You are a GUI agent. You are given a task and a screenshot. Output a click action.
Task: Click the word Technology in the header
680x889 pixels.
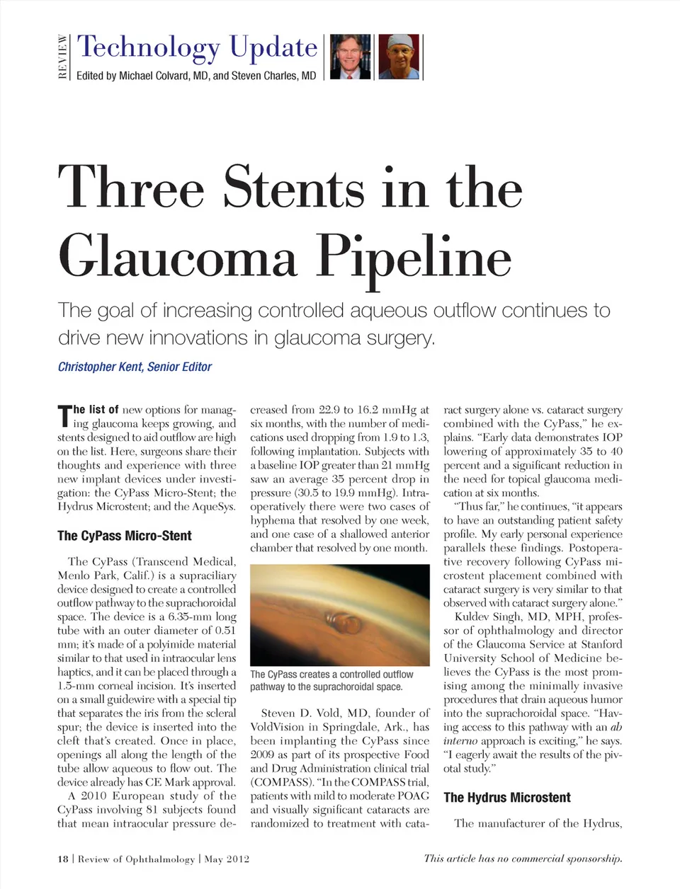(148, 47)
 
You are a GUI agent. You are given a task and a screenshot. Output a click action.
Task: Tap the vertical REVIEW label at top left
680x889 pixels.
(63, 57)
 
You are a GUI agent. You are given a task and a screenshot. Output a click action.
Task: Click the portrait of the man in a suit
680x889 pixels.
(351, 57)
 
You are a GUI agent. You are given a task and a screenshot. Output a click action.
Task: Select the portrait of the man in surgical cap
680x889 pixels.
(399, 57)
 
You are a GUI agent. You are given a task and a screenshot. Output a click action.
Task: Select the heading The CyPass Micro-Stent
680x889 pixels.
(124, 536)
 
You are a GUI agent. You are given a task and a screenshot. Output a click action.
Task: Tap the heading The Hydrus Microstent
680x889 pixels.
(506, 798)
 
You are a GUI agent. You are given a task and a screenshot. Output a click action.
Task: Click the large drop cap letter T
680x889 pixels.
(64, 415)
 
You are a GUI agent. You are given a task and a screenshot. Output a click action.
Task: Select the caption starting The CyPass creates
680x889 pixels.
(331, 680)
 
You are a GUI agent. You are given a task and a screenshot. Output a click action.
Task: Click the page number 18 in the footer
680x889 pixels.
(63, 859)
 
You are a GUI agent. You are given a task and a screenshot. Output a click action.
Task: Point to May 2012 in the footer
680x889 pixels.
(227, 859)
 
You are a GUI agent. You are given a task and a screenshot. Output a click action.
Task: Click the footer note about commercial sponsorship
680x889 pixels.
(523, 859)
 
